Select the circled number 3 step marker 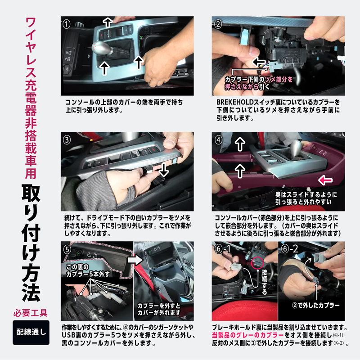click(67, 139)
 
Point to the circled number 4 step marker click(218, 139)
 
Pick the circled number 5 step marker click(67, 248)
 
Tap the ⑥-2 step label click(290, 248)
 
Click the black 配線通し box click(30, 333)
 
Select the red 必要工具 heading click(30, 312)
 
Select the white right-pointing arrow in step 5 click(134, 260)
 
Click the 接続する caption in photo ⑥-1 click(264, 282)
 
